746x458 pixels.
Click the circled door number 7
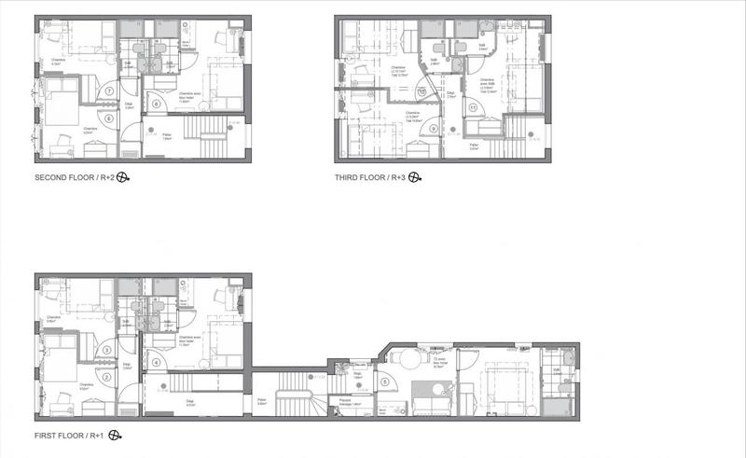coord(110,91)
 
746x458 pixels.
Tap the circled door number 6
coord(110,118)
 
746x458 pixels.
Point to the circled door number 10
coord(421,92)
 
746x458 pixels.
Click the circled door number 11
coord(474,108)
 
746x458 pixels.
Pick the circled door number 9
coord(433,128)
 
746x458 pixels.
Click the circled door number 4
coord(156,362)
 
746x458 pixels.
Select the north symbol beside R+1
coord(116,435)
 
